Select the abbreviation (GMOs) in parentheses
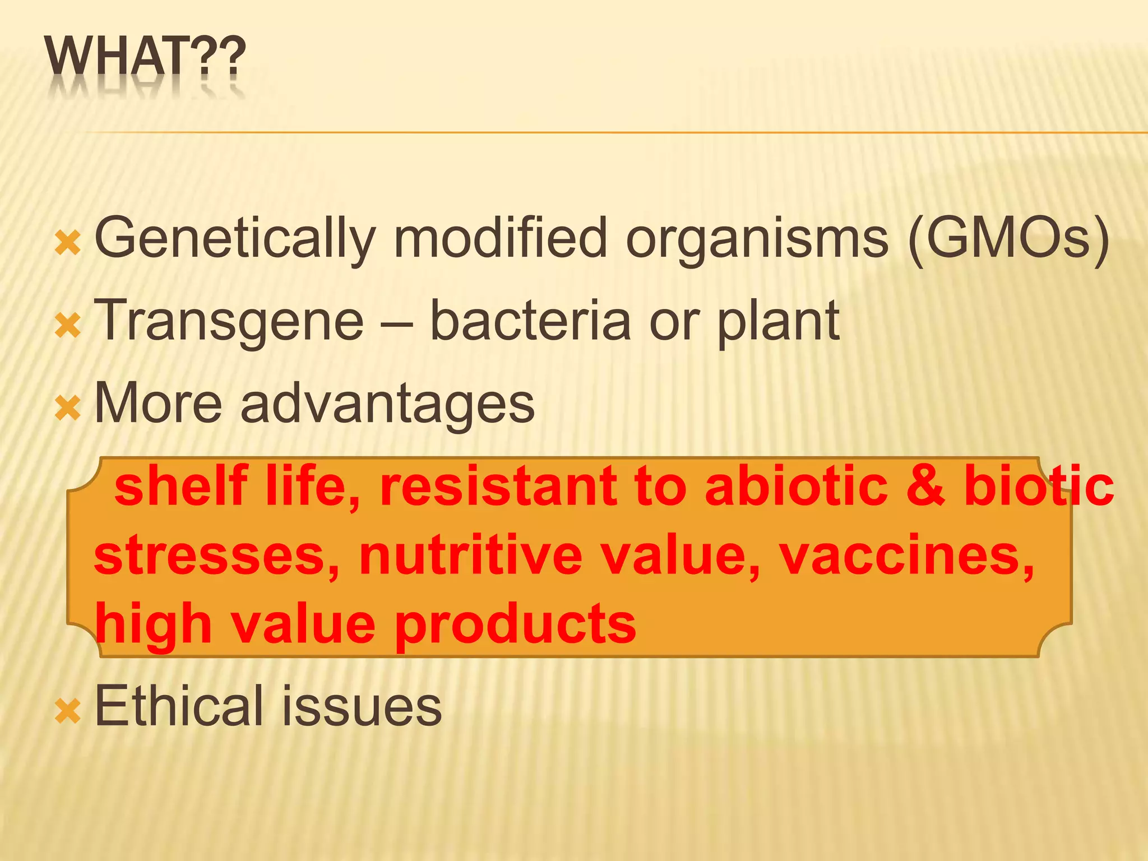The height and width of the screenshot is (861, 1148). [x=1008, y=239]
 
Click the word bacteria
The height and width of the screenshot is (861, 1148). [x=530, y=321]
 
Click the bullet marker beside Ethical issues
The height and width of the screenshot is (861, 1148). [x=68, y=711]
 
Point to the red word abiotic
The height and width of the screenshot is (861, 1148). [x=797, y=485]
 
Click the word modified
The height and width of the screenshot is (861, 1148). [x=500, y=238]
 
